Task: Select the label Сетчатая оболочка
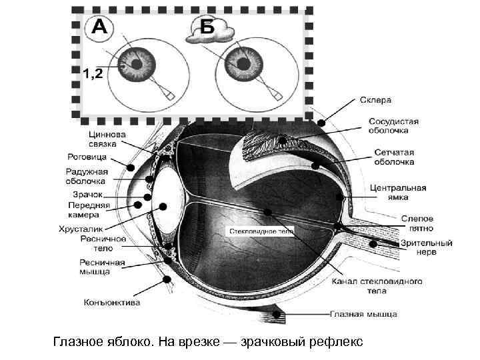click(393, 157)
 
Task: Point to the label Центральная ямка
click(398, 184)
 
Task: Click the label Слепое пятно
click(417, 223)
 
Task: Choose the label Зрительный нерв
click(426, 247)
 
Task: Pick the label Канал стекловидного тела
click(377, 286)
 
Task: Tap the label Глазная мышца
click(363, 313)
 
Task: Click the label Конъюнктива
click(112, 303)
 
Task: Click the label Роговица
click(87, 157)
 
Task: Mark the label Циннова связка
click(103, 139)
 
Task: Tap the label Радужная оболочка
click(87, 176)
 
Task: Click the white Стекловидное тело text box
click(261, 231)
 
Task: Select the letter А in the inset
click(99, 27)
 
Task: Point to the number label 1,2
click(92, 73)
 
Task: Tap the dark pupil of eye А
click(141, 65)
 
